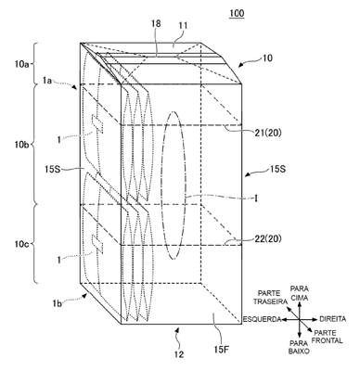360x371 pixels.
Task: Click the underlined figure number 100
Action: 237,14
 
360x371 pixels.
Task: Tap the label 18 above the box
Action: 156,24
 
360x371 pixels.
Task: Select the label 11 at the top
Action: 183,26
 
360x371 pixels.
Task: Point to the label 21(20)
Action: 269,133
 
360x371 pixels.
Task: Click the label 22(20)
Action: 269,238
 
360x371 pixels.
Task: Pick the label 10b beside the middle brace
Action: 21,145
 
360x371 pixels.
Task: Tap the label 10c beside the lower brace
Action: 22,245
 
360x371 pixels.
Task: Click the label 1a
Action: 48,81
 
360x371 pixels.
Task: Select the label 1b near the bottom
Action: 58,303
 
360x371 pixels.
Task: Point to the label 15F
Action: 222,350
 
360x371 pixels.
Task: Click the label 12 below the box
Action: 179,353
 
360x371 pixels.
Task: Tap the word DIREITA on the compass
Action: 333,319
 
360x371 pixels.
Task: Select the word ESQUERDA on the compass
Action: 262,319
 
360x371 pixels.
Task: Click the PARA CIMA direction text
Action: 300,293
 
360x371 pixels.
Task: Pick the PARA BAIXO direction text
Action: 299,347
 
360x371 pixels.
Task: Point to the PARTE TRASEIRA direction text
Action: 269,297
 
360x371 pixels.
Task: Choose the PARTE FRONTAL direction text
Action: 328,337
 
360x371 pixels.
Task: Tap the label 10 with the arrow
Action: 267,58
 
